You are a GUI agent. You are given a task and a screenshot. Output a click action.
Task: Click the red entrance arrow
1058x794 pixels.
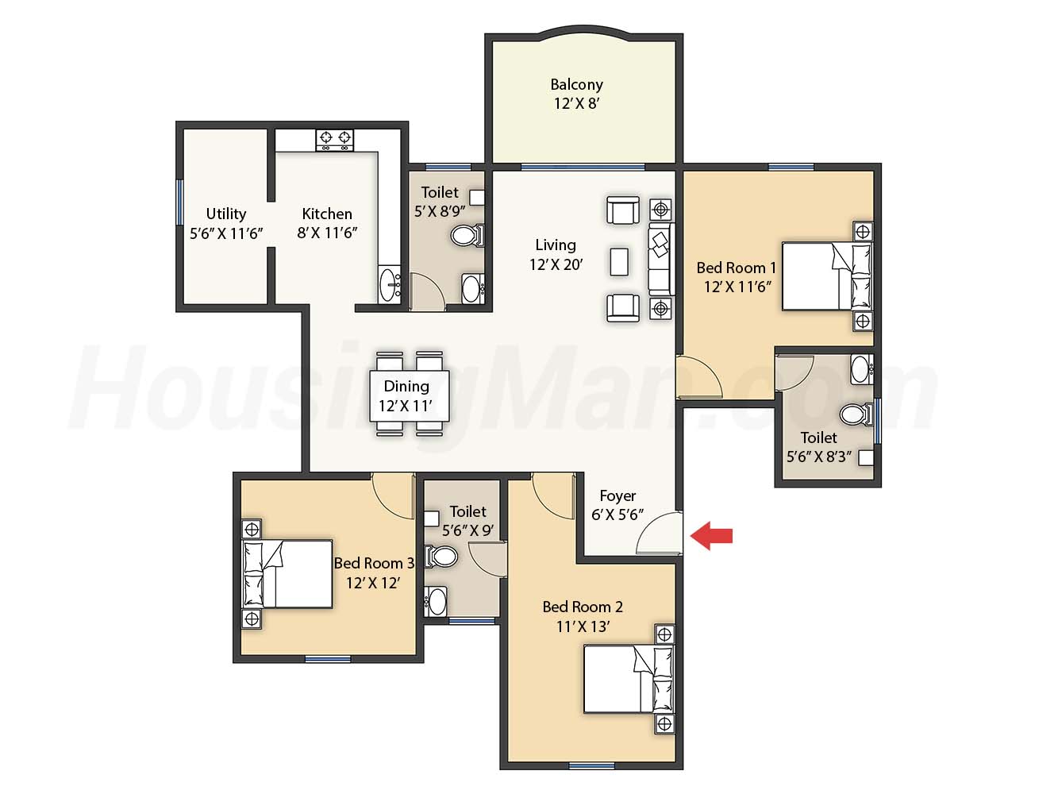pyautogui.click(x=711, y=536)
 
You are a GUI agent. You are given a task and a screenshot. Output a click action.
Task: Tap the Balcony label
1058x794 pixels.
pyautogui.click(x=576, y=85)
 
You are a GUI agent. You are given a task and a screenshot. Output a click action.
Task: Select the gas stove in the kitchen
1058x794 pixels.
pyautogui.click(x=334, y=140)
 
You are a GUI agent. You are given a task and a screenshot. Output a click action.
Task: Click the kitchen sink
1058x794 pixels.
pyautogui.click(x=389, y=284)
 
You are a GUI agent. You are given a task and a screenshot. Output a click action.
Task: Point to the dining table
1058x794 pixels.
pyautogui.click(x=410, y=395)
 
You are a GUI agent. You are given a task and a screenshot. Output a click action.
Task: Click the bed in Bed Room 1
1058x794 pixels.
pyautogui.click(x=827, y=276)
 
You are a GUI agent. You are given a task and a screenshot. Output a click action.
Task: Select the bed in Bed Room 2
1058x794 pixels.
pyautogui.click(x=629, y=679)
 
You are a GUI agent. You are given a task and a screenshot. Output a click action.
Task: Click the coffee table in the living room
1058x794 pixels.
pyautogui.click(x=619, y=262)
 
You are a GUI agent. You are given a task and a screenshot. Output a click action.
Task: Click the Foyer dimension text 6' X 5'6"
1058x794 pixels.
pyautogui.click(x=617, y=515)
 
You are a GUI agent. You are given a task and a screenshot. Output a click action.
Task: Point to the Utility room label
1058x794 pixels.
pyautogui.click(x=226, y=214)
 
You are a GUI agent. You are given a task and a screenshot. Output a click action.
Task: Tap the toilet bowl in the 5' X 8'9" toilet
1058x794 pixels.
pyautogui.click(x=467, y=235)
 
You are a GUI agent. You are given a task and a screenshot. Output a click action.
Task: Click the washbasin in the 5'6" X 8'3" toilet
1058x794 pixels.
pyautogui.click(x=862, y=370)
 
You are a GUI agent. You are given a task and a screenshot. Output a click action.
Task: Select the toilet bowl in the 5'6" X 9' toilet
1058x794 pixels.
pyautogui.click(x=441, y=557)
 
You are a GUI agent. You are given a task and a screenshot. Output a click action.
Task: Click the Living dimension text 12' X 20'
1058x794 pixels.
pyautogui.click(x=556, y=264)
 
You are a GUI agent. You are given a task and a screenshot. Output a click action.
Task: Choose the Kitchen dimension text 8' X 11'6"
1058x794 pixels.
pyautogui.click(x=327, y=233)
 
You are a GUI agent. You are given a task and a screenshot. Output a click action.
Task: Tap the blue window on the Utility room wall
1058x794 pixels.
pyautogui.click(x=179, y=202)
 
